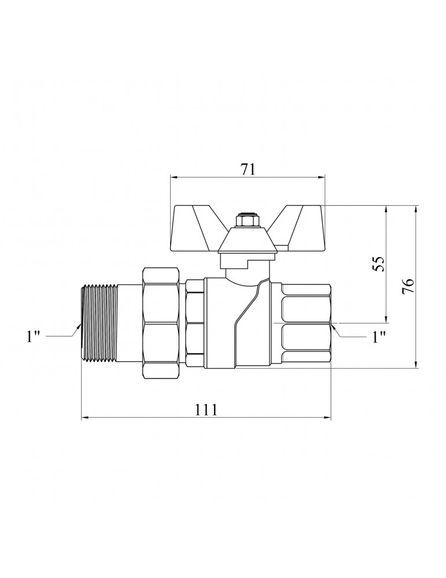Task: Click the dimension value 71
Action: click(248, 169)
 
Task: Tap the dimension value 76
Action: click(408, 286)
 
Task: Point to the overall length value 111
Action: click(206, 409)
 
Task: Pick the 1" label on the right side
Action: click(379, 336)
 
